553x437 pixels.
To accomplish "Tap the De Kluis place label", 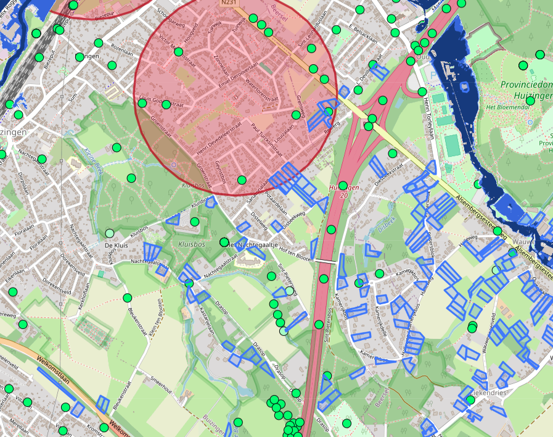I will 115,245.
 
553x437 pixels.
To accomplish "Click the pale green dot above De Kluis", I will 110,233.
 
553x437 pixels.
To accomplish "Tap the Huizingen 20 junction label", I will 343,190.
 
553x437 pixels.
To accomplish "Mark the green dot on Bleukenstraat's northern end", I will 128,298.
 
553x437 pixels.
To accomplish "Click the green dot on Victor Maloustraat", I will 179,52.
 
